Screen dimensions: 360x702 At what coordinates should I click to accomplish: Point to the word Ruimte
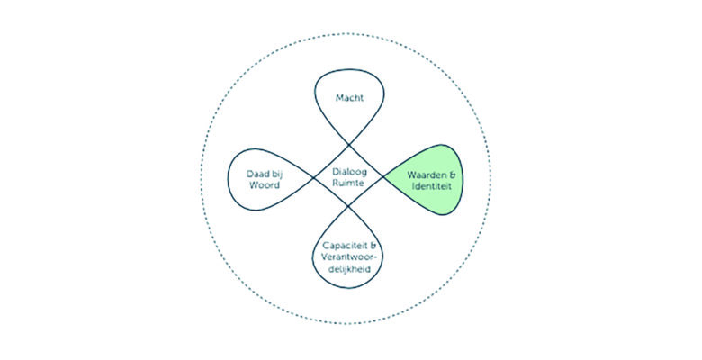click(x=350, y=185)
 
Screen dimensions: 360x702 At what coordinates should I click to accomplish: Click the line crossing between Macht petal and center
click(x=349, y=141)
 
